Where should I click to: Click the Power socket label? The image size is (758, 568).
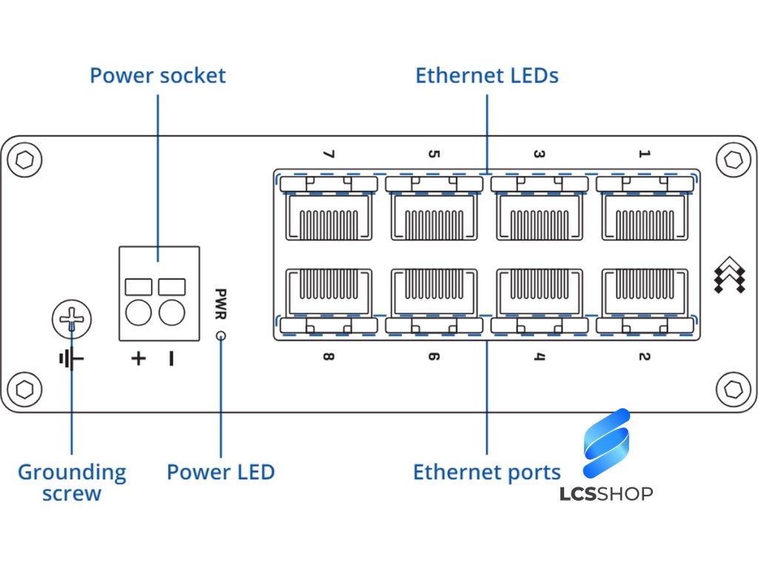(x=158, y=75)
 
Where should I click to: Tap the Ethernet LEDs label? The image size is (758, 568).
(x=486, y=75)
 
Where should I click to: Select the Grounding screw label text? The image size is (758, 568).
(x=72, y=482)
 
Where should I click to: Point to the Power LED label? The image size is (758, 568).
(x=221, y=472)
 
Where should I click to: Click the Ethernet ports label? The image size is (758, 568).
(x=486, y=472)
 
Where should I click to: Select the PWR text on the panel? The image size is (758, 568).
(x=221, y=304)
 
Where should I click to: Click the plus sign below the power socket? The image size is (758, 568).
(x=138, y=359)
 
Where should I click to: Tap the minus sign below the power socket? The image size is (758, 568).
(x=172, y=359)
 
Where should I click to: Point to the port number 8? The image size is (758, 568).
(x=329, y=357)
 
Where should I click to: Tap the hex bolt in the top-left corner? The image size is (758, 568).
(x=25, y=160)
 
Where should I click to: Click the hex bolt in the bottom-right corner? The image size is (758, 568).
(x=734, y=388)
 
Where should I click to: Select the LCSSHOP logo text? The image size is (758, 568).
(x=606, y=493)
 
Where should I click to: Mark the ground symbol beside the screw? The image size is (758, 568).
(x=71, y=360)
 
